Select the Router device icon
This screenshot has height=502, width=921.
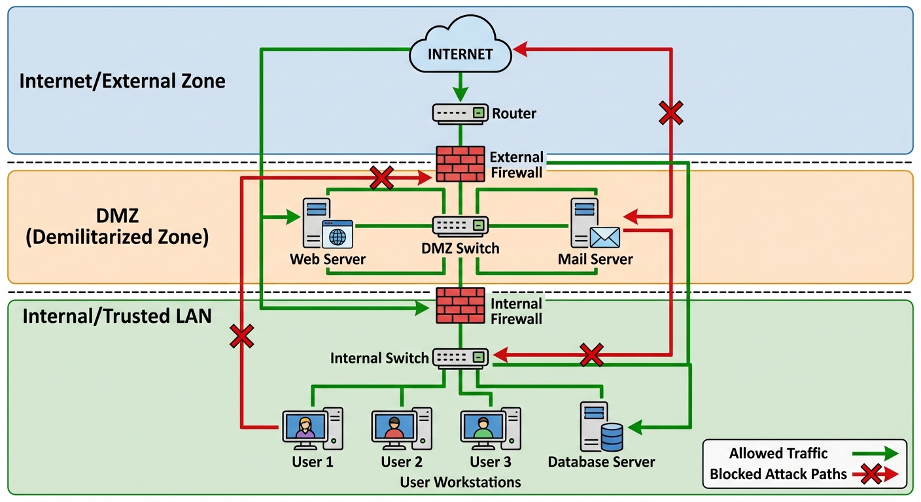(460, 113)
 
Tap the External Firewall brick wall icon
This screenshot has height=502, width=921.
(461, 164)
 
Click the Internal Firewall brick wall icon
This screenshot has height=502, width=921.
(461, 305)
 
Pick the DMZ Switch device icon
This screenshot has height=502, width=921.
(460, 226)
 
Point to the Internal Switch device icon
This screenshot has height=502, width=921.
(461, 358)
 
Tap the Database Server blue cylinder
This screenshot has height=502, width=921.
(612, 437)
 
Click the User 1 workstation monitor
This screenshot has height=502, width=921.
(304, 427)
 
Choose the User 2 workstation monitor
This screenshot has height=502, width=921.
(393, 427)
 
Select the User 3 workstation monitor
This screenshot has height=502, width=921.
(482, 427)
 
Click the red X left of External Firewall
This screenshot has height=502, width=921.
(381, 177)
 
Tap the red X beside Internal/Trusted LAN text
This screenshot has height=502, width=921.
(241, 337)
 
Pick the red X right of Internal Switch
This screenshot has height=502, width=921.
(591, 355)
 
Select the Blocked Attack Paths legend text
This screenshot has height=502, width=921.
(778, 474)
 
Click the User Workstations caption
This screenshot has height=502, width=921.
(460, 482)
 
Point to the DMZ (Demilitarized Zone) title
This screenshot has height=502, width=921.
(117, 226)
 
